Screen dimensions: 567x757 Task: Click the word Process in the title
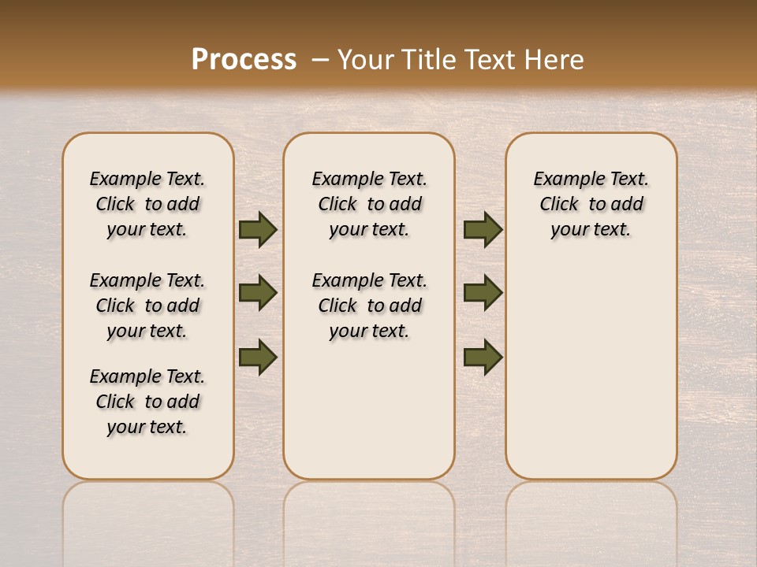[x=244, y=59]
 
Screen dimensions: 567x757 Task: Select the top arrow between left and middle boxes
[x=258, y=230]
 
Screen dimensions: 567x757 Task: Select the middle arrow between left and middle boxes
[x=258, y=293]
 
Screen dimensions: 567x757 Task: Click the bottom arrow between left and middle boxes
[x=258, y=357]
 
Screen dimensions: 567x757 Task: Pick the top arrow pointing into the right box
[x=483, y=230]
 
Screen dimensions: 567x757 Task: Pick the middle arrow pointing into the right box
[x=483, y=293]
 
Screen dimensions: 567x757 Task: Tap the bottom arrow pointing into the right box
[x=483, y=357]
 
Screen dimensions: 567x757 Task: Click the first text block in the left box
[x=147, y=204]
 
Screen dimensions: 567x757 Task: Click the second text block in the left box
[x=147, y=306]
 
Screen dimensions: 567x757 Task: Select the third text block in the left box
[x=147, y=402]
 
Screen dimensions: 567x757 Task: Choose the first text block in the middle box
[x=369, y=204]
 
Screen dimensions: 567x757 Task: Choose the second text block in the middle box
[x=369, y=306]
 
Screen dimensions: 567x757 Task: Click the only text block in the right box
[x=591, y=204]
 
